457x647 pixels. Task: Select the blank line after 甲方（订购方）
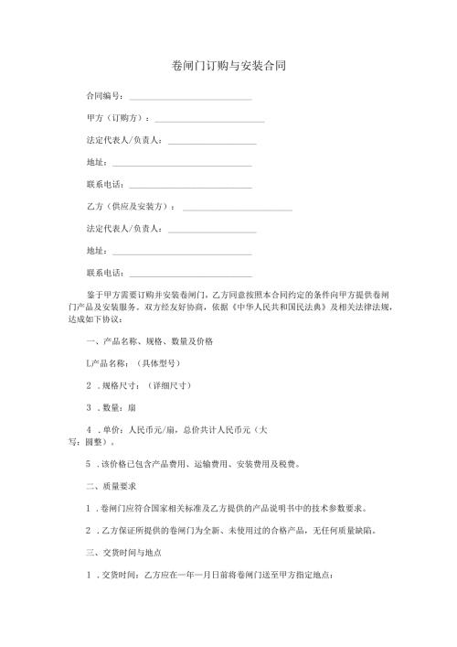[210, 121]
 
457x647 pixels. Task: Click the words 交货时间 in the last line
[115, 575]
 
